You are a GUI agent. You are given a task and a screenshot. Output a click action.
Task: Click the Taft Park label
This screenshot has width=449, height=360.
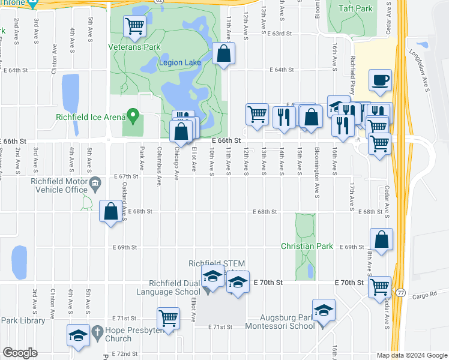(355, 8)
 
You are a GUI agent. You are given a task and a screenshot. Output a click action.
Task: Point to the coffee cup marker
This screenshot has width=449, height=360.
(381, 80)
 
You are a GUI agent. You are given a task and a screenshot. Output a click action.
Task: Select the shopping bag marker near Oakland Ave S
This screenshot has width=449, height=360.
(111, 211)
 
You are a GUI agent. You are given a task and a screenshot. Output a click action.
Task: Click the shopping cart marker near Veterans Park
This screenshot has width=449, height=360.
(134, 26)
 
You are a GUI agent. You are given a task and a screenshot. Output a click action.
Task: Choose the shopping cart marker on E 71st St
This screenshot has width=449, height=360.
(168, 318)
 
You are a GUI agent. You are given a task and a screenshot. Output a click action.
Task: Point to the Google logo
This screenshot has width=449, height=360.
(20, 353)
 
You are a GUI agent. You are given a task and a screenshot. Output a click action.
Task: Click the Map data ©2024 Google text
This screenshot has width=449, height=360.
(412, 355)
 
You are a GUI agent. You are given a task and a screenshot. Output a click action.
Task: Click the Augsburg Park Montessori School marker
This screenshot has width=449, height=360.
(324, 310)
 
